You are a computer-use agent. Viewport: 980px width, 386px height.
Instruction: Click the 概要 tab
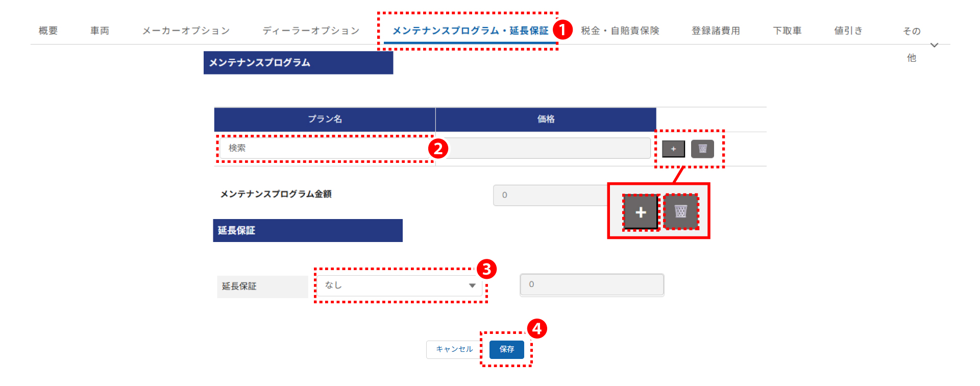(x=48, y=31)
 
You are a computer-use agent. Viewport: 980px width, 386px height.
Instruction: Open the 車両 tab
(x=100, y=31)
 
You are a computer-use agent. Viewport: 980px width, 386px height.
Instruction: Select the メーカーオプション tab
(x=186, y=31)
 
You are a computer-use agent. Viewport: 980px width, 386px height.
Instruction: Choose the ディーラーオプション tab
(x=311, y=31)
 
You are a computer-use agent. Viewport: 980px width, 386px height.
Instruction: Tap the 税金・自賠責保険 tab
(x=620, y=31)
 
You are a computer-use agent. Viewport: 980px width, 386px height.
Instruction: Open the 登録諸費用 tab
(x=716, y=31)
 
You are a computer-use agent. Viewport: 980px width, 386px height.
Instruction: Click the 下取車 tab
(x=787, y=31)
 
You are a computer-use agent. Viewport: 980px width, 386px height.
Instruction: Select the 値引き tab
(x=848, y=31)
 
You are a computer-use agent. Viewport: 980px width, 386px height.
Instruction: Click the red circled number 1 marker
(x=562, y=30)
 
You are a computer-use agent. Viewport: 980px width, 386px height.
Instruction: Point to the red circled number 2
(x=438, y=149)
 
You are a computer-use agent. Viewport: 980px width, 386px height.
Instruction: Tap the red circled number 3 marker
(x=486, y=269)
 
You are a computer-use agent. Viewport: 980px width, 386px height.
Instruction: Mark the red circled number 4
(x=537, y=329)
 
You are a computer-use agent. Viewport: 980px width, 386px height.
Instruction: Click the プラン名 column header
(x=325, y=119)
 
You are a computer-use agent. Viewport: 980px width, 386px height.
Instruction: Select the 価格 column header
(x=546, y=119)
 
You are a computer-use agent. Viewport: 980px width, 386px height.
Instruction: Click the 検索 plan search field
(x=325, y=148)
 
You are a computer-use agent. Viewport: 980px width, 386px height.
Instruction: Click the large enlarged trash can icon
(x=681, y=211)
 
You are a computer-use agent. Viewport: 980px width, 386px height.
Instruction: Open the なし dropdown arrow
(x=472, y=285)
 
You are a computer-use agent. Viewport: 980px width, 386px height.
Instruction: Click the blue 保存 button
(x=507, y=349)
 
